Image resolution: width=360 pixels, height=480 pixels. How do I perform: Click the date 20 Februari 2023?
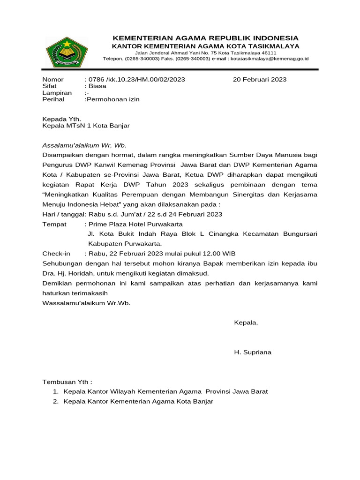[260, 79]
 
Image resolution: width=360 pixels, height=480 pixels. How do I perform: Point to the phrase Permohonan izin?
[112, 99]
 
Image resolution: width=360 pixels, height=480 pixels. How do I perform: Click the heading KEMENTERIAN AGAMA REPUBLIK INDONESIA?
[205, 38]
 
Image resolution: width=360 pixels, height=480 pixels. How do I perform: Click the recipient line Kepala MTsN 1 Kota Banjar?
[86, 126]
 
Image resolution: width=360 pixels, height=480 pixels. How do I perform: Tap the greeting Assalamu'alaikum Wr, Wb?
[84, 145]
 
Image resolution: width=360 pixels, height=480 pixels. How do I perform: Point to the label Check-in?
[56, 254]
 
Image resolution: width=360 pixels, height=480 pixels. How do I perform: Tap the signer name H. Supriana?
[252, 352]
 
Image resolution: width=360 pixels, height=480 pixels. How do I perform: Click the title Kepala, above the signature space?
[246, 322]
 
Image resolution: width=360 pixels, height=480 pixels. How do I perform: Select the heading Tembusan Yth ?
[67, 382]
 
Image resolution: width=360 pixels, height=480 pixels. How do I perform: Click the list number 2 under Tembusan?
[55, 401]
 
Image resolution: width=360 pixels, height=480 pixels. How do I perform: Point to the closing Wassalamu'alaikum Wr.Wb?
[86, 303]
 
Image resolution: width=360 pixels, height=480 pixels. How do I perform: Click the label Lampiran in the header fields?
[57, 93]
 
